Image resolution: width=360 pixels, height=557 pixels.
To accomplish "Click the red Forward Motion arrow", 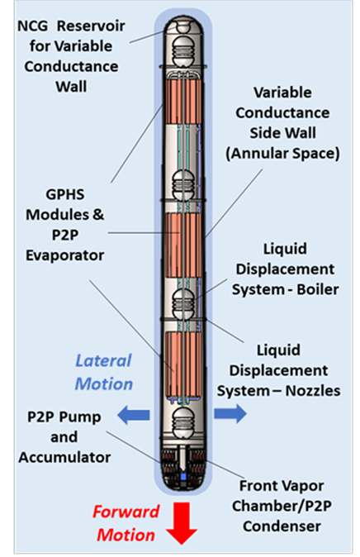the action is (182, 523).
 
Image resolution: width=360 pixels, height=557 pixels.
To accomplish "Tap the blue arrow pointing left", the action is (133, 415).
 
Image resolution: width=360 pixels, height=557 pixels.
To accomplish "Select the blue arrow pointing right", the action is (230, 413).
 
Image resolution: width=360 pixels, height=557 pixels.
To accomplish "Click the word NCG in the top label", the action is (32, 26).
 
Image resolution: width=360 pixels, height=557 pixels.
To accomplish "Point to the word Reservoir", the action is (91, 26).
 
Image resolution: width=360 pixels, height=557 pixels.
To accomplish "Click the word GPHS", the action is (65, 194).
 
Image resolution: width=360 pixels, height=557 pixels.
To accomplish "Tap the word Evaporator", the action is (65, 255).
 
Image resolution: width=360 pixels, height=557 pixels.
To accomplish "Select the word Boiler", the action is (317, 289).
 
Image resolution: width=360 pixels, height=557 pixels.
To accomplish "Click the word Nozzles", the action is (313, 391).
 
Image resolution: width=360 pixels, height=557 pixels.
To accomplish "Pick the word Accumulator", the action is (64, 457).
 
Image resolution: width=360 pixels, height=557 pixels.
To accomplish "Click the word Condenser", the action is (282, 526).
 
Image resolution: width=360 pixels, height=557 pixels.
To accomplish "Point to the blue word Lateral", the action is (103, 360).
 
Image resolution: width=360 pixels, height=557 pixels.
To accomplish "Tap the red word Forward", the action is (126, 512).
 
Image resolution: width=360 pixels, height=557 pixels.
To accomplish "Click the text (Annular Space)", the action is (282, 154).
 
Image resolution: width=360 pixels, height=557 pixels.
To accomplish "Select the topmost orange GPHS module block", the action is (183, 102).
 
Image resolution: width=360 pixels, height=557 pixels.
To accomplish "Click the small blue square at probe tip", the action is (183, 476).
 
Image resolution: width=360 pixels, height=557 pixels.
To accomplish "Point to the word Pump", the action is (84, 417).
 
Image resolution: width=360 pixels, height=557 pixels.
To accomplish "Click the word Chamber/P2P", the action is (282, 506).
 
